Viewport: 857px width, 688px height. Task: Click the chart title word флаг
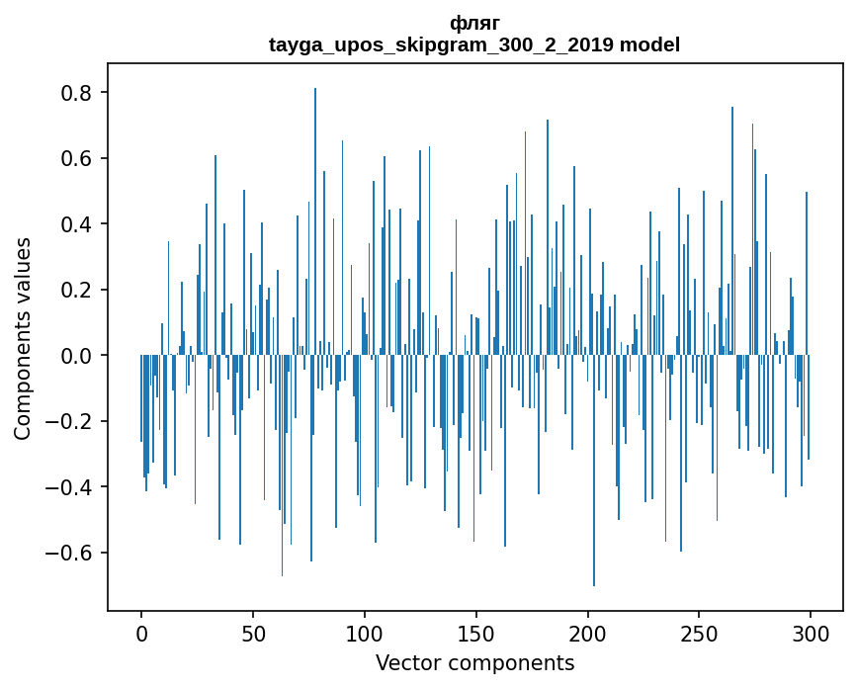pos(474,23)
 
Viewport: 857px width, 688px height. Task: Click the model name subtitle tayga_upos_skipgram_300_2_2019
pos(474,44)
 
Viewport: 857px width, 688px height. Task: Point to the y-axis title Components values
pos(23,338)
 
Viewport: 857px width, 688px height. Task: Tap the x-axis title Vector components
pos(474,662)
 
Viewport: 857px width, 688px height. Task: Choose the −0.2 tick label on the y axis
pos(72,421)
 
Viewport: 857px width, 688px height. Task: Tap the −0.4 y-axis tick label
pos(72,487)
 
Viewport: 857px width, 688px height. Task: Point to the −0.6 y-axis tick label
pos(72,553)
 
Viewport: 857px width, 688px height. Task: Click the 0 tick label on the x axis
pos(141,632)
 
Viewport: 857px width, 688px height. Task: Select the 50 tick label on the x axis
pos(253,632)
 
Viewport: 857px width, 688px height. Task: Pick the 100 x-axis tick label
pos(365,632)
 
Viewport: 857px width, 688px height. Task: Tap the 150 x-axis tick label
pos(476,632)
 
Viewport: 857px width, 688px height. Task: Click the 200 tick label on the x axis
pos(588,632)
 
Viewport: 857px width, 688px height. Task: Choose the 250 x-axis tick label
pos(700,632)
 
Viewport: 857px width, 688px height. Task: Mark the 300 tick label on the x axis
pos(811,632)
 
